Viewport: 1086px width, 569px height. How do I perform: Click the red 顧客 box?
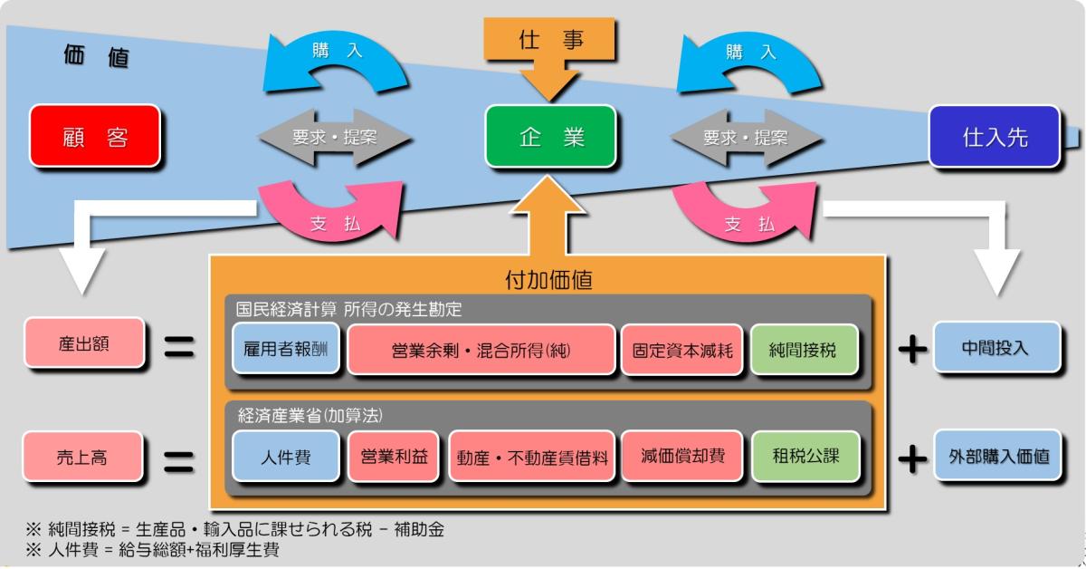(94, 137)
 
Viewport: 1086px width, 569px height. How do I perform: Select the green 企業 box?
(550, 137)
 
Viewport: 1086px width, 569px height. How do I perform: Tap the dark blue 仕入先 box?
(995, 137)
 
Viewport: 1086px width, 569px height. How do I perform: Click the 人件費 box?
(285, 457)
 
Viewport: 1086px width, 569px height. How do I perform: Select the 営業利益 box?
(394, 457)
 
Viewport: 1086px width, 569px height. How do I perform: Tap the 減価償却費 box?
(682, 457)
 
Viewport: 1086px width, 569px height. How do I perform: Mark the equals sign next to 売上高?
(178, 458)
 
